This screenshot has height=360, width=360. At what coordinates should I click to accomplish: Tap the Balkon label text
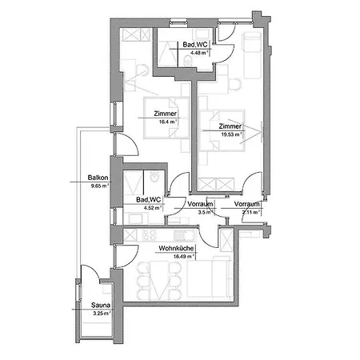[98, 178]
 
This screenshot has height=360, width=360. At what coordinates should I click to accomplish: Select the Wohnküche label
[174, 248]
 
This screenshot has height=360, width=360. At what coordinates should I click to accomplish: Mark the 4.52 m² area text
[150, 208]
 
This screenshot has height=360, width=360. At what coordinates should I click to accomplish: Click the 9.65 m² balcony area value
[98, 186]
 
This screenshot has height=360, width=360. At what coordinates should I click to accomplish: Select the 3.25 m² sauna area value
[100, 313]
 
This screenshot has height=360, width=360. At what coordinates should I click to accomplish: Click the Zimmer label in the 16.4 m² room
[165, 114]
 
